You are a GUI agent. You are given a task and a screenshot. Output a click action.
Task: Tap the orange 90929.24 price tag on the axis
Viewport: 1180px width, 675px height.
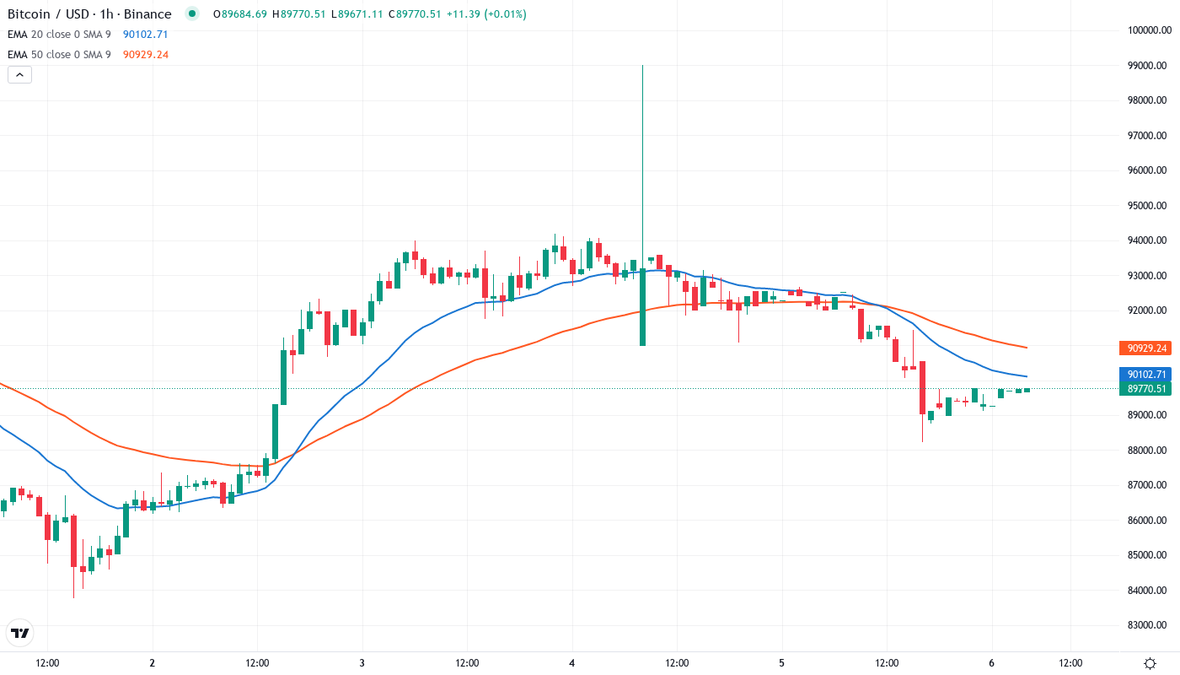1145,348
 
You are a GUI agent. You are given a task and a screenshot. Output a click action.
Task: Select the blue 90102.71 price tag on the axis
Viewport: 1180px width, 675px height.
1145,375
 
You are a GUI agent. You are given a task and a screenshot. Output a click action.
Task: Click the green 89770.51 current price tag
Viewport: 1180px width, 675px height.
1145,389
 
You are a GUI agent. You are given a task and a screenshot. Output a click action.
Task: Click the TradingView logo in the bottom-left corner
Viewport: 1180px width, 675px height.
20,633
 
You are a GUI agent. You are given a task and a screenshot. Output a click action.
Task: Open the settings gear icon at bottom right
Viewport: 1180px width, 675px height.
1150,663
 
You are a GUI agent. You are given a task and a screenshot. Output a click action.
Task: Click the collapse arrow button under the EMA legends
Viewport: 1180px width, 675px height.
19,74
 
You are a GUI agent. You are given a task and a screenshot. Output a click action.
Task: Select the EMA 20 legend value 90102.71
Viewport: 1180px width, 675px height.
145,35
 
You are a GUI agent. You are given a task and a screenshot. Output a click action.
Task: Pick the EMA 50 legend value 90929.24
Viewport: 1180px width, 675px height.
145,55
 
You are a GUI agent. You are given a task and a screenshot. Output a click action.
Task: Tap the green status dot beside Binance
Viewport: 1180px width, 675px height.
192,13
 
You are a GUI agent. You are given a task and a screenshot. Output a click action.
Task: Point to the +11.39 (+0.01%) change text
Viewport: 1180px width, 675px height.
486,14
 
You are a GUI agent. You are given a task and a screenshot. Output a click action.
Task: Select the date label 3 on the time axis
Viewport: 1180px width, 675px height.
362,663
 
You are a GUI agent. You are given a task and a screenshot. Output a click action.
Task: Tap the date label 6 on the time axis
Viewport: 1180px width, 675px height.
991,663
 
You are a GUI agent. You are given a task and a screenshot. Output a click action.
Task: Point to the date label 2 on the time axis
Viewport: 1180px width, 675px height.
152,663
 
